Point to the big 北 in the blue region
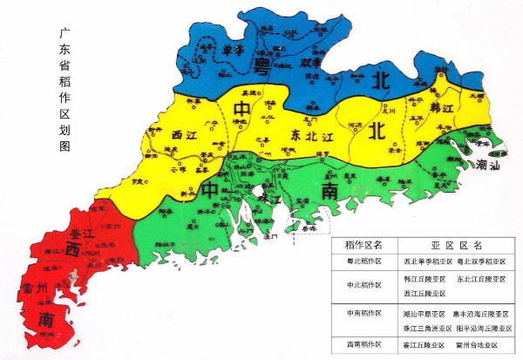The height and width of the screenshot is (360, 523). pos(381,81)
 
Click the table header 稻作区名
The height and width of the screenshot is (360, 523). pos(364,246)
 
